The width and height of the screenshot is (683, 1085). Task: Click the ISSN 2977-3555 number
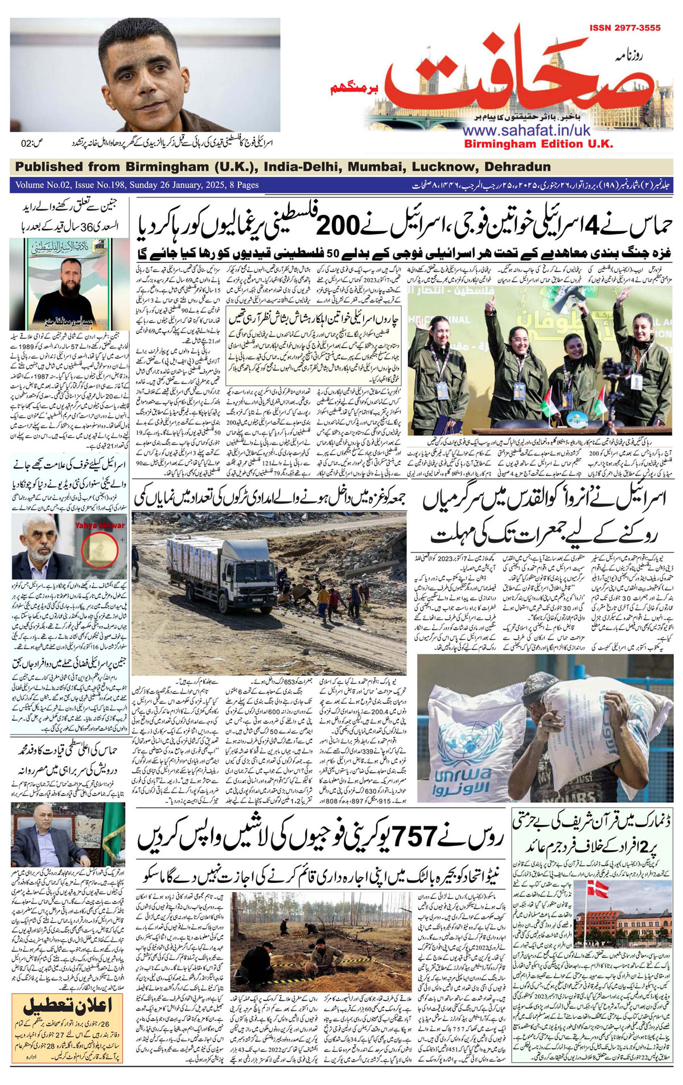[x=625, y=28]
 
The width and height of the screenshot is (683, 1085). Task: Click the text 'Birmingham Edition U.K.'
[x=538, y=144]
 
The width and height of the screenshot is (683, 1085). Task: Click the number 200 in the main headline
[x=338, y=226]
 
